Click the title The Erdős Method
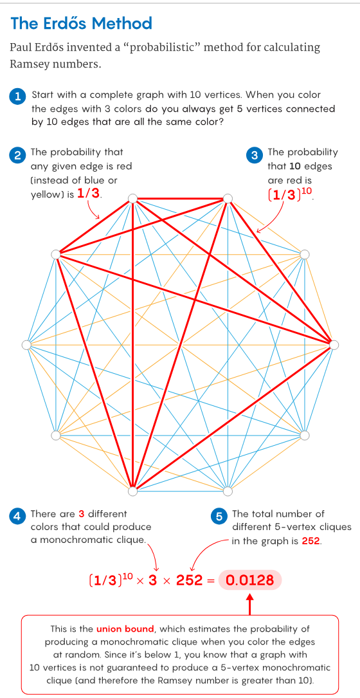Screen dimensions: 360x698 pyautogui.click(x=81, y=23)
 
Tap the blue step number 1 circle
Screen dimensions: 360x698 pyautogui.click(x=17, y=96)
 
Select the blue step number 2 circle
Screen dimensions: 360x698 pyautogui.click(x=17, y=155)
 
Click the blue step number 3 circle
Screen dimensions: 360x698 pyautogui.click(x=254, y=155)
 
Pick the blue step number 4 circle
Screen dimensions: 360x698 pyautogui.click(x=17, y=517)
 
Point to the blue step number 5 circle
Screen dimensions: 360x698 pyautogui.click(x=219, y=517)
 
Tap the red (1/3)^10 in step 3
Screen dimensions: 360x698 pyautogui.click(x=289, y=194)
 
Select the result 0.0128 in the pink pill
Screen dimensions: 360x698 pyautogui.click(x=250, y=580)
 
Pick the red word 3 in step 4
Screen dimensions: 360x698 pyautogui.click(x=81, y=514)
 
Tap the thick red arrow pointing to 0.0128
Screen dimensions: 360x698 pyautogui.click(x=250, y=603)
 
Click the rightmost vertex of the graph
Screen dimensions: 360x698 pyautogui.click(x=334, y=345)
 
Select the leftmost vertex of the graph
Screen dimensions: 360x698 pyautogui.click(x=26, y=345)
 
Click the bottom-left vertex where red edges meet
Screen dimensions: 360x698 pyautogui.click(x=132, y=491)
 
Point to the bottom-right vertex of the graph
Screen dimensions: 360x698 pyautogui.click(x=228, y=491)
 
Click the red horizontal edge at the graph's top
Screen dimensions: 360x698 pyautogui.click(x=180, y=198)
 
